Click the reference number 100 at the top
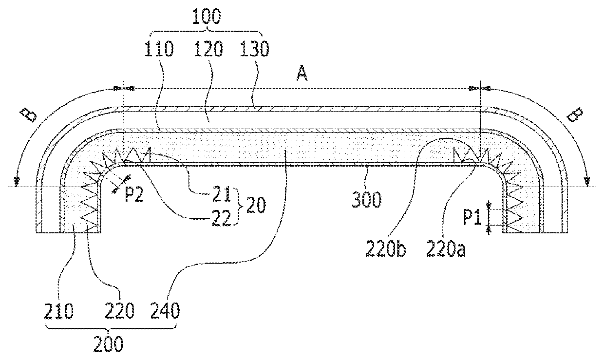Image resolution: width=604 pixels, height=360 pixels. [207, 16]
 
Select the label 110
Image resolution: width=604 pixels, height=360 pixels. [159, 49]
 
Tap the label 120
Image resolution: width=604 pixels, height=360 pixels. [208, 49]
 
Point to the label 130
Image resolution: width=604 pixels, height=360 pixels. [254, 49]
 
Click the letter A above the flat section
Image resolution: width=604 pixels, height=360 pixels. [302, 74]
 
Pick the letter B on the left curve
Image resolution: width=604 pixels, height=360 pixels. [29, 115]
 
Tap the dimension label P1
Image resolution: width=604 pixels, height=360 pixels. [472, 218]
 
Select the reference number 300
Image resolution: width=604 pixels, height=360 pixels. [366, 200]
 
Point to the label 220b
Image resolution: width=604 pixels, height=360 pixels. [386, 249]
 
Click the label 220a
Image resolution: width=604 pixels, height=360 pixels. [446, 249]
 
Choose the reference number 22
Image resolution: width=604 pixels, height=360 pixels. [222, 218]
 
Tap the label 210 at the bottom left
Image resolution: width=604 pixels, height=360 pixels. [58, 311]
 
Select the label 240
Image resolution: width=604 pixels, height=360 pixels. [165, 311]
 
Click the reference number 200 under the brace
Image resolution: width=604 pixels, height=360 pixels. [109, 344]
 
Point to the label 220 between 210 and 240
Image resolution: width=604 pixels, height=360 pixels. [119, 311]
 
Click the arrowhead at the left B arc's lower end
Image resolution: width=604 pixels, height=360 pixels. [17, 182]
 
